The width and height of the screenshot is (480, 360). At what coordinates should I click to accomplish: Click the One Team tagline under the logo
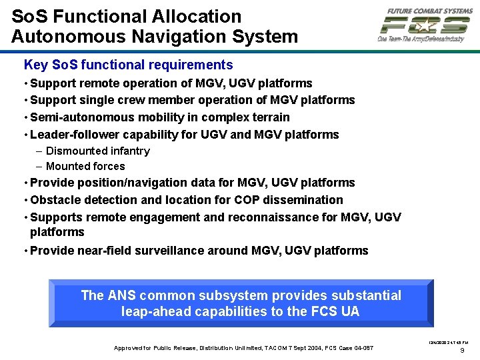click(420, 39)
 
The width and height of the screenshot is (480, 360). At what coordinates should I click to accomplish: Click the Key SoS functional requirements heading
click(128, 65)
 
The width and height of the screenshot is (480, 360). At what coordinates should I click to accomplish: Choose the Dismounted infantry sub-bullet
click(97, 151)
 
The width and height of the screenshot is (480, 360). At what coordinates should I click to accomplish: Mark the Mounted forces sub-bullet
click(85, 167)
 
